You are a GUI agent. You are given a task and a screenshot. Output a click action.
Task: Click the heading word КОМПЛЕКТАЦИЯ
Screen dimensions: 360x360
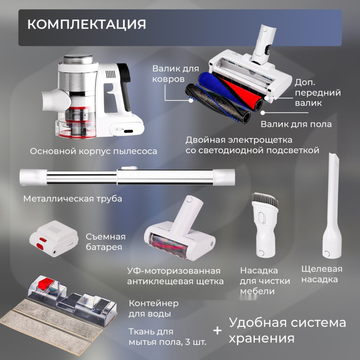86,24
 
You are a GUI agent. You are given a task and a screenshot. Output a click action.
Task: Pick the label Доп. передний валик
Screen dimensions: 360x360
317,92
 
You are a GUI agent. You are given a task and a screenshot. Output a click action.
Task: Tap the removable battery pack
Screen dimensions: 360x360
54,239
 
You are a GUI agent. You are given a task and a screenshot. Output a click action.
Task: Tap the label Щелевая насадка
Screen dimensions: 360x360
321,274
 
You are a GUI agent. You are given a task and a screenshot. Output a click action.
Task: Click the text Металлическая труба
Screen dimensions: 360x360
72,199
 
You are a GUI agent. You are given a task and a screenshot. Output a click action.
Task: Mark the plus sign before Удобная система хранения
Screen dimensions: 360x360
218,330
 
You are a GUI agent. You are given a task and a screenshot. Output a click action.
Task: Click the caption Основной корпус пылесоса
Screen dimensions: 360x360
94,151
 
